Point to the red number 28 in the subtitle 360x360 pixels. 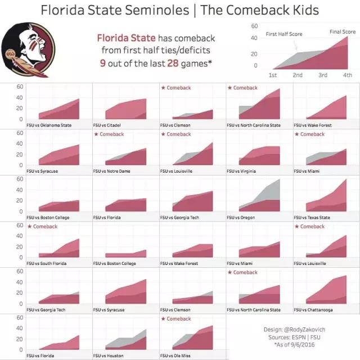point(173,63)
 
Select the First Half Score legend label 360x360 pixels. point(284,34)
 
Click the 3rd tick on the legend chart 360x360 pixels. point(323,75)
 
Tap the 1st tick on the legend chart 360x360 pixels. point(273,75)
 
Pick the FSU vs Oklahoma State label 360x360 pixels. point(50,125)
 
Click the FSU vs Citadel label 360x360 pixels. point(109,125)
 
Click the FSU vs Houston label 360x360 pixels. point(110,356)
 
